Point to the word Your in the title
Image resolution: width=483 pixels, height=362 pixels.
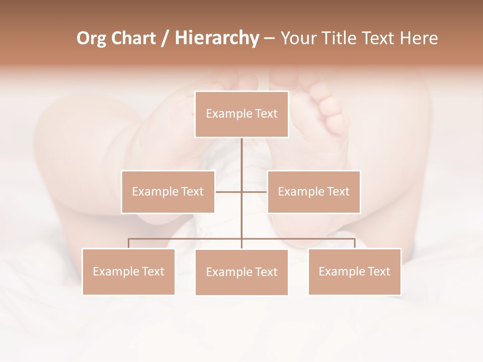click(x=298, y=39)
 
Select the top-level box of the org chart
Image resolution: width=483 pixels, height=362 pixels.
click(x=242, y=114)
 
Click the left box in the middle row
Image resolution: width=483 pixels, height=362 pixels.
click(x=168, y=192)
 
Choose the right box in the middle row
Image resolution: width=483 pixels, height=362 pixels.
click(x=314, y=192)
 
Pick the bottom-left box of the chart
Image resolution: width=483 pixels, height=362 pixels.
click(x=129, y=271)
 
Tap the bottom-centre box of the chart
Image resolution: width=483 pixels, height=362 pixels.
click(x=242, y=272)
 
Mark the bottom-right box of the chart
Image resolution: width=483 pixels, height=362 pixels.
click(x=355, y=271)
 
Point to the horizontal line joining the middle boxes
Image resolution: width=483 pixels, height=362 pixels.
click(x=229, y=192)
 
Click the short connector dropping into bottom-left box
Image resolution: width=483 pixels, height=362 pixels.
click(x=129, y=243)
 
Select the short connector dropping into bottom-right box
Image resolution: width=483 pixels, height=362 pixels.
click(x=355, y=243)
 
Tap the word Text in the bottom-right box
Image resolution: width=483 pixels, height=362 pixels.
click(x=378, y=271)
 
